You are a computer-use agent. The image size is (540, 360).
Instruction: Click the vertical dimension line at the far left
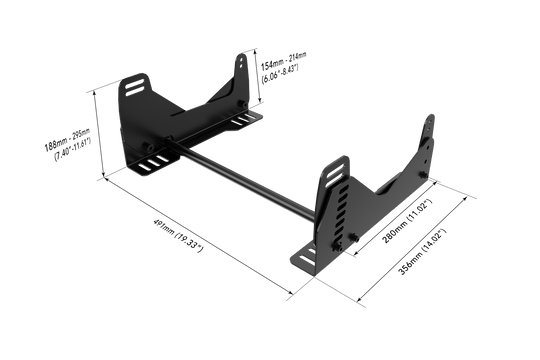click(x=97, y=130)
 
